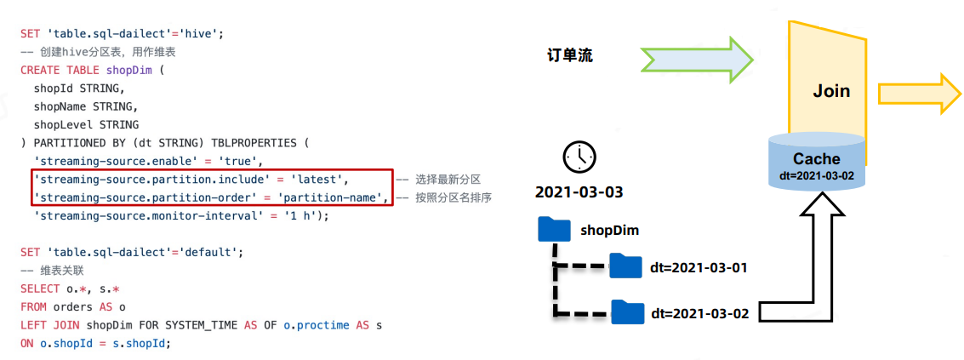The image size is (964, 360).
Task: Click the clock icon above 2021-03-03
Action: click(x=579, y=157)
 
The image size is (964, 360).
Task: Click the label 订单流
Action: click(x=569, y=57)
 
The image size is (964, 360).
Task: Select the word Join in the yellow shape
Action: click(x=830, y=90)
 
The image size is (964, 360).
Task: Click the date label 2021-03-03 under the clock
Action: click(x=579, y=192)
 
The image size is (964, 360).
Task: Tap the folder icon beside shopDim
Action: click(x=554, y=230)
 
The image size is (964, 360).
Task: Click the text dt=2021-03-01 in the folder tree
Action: click(x=699, y=267)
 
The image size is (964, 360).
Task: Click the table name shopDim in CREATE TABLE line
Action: click(x=128, y=70)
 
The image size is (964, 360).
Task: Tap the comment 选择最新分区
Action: click(x=448, y=180)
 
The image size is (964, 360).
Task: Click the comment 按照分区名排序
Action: click(x=454, y=198)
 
